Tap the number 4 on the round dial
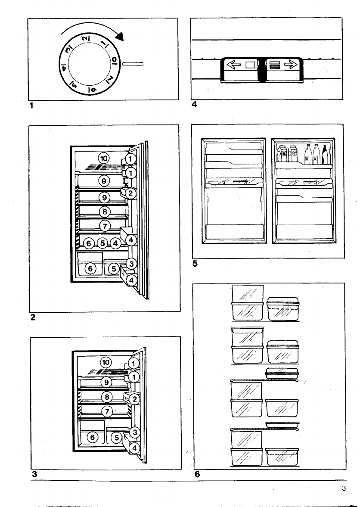click(64, 67)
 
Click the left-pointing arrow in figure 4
click(233, 65)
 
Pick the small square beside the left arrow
click(249, 65)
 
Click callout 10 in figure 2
click(104, 158)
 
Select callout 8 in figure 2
click(105, 212)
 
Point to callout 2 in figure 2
click(131, 193)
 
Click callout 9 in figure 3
click(106, 382)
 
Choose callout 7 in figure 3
click(106, 411)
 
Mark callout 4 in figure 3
click(135, 448)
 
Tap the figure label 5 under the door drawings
click(195, 264)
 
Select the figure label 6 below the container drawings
click(197, 475)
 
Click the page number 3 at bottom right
click(343, 488)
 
